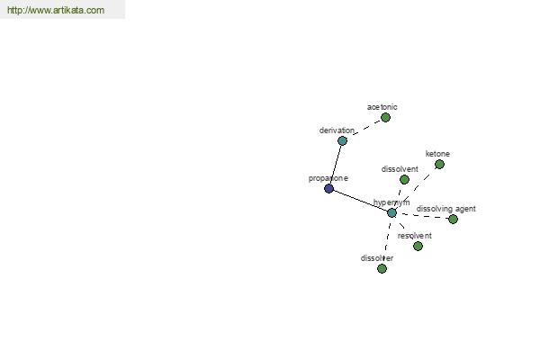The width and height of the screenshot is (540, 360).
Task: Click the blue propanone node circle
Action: point(328,188)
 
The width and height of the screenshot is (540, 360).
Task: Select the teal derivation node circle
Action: point(342,140)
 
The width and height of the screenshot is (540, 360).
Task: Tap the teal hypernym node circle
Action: point(391,213)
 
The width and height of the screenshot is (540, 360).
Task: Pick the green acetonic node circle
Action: point(385,118)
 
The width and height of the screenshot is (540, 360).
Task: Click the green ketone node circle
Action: point(439,165)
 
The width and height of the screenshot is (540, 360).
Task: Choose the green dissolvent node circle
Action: point(404,179)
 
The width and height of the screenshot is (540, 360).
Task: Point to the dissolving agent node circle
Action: point(453,219)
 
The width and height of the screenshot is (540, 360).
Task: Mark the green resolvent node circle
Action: point(418,246)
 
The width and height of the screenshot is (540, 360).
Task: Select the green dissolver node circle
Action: point(382,268)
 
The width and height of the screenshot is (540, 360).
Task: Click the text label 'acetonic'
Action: point(382,107)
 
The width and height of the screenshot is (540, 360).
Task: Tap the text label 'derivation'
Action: point(337,130)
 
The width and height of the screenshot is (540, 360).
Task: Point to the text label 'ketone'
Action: point(437,154)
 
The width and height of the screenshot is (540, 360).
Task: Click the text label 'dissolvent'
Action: point(400,169)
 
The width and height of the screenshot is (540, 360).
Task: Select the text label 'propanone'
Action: point(328,178)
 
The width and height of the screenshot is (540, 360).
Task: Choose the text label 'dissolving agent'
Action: point(446,209)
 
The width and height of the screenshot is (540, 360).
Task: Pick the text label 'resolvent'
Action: point(414,236)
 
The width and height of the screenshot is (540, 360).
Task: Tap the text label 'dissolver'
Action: point(377,258)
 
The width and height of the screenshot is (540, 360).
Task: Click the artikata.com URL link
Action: point(56,10)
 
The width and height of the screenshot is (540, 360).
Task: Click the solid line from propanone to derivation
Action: point(336,165)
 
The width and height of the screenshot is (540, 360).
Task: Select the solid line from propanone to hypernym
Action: point(361,201)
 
